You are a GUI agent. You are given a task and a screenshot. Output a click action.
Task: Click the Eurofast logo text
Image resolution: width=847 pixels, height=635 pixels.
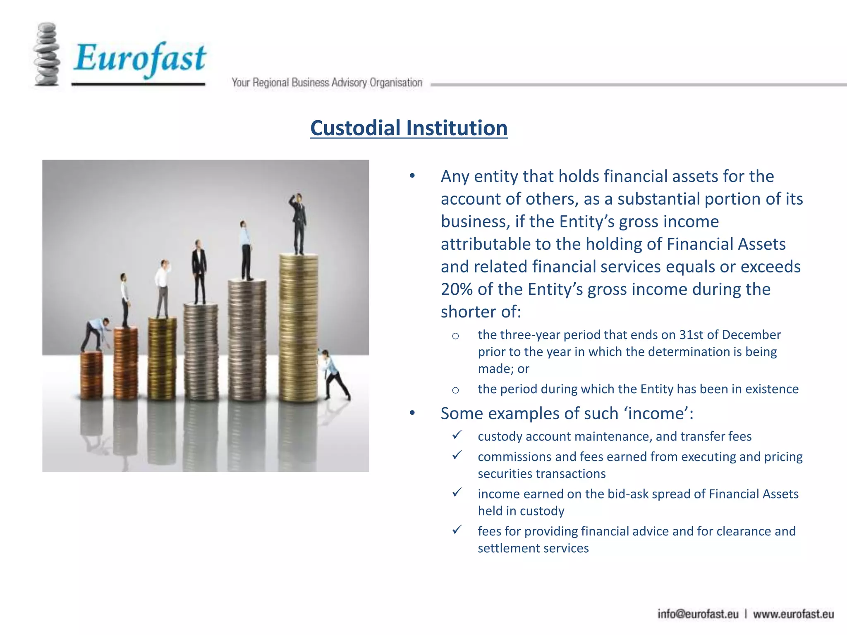pos(140,58)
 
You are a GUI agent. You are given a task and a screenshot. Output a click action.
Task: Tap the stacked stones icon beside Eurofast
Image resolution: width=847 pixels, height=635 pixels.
pos(46,55)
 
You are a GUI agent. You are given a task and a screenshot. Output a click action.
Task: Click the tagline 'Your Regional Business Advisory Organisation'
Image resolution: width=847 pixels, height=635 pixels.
pos(327,83)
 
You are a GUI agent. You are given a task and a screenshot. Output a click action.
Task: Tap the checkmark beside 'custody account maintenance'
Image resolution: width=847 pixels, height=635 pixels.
pos(457,435)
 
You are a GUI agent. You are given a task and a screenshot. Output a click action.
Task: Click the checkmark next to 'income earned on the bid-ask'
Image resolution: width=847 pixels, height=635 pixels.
pos(457,493)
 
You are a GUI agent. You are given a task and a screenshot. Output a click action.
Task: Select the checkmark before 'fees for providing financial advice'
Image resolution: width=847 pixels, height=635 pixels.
pos(457,530)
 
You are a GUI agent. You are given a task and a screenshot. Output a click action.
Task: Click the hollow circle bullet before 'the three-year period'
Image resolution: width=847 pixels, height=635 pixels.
pos(455,336)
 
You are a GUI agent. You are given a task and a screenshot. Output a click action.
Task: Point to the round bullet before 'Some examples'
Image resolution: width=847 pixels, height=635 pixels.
pos(412,413)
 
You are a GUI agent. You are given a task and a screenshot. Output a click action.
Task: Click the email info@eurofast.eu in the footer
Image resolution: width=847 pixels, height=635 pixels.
pos(698,614)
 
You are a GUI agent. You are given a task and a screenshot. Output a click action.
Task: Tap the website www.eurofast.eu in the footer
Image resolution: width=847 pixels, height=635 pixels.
pos(793,614)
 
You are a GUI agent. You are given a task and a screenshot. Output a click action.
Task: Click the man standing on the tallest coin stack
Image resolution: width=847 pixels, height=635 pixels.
pos(299,223)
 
